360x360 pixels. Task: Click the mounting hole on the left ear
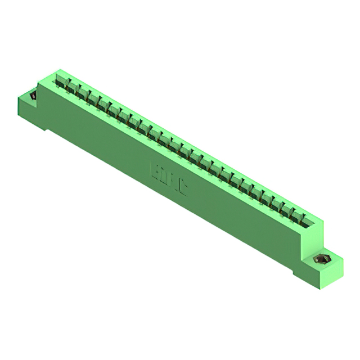click(x=33, y=96)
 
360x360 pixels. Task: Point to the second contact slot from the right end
click(x=292, y=211)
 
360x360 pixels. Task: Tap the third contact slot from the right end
click(x=282, y=206)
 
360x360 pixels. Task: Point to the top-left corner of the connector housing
click(x=57, y=70)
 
